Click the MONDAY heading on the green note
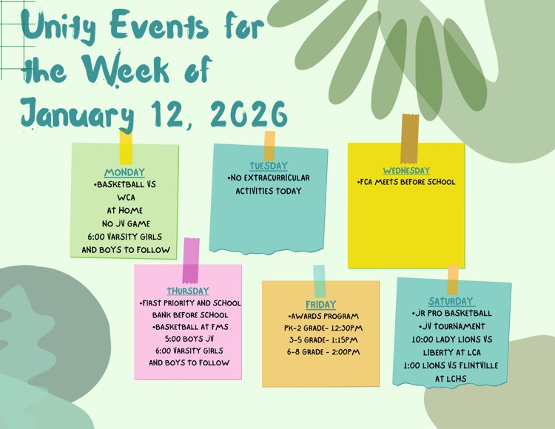(x=124, y=172)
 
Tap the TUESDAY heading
(x=269, y=166)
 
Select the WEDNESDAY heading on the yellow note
(x=406, y=170)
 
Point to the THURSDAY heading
(x=188, y=291)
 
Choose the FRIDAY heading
(x=320, y=304)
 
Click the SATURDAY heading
(x=451, y=301)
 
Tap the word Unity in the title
(x=60, y=27)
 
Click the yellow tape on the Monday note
(x=126, y=146)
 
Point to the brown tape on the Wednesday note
(x=409, y=138)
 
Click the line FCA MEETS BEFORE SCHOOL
(x=406, y=182)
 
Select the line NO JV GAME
(x=126, y=223)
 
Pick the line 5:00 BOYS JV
(x=189, y=339)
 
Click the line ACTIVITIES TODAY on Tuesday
(x=269, y=191)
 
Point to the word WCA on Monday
(x=126, y=197)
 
